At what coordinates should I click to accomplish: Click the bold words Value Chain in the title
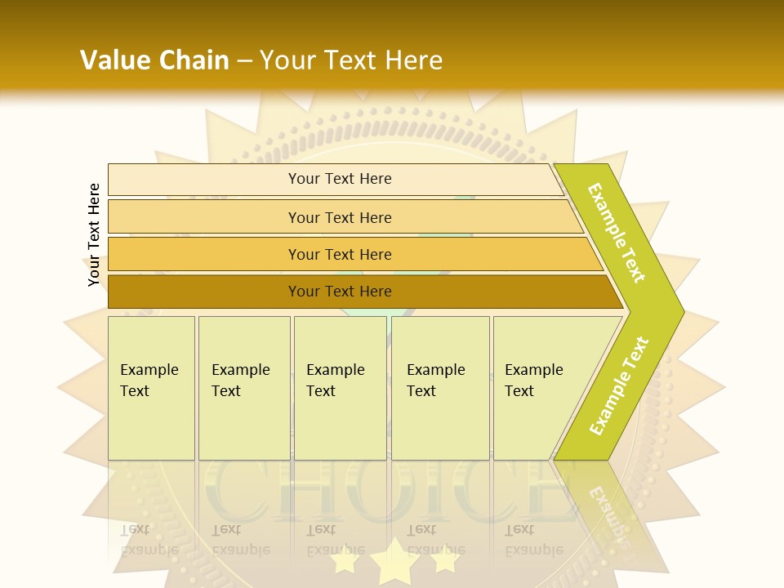154,60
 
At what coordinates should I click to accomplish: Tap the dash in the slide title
244,60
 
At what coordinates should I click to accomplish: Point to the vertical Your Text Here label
94,234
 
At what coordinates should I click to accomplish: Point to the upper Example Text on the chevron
617,233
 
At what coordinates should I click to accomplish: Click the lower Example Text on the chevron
619,385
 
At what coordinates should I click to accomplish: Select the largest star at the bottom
394,561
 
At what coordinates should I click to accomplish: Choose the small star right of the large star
445,559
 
